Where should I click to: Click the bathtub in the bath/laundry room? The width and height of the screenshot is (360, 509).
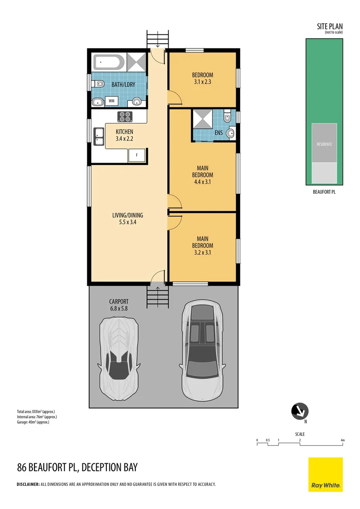[x=109, y=63]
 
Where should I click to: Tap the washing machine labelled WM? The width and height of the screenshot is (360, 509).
[x=112, y=101]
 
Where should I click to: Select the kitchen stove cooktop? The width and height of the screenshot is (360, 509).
[x=125, y=116]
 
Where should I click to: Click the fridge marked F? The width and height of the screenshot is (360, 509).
[x=137, y=155]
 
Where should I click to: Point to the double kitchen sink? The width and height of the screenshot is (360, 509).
[x=99, y=136]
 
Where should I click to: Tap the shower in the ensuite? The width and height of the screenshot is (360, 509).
[x=202, y=119]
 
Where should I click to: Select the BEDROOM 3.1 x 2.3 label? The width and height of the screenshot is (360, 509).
[x=202, y=78]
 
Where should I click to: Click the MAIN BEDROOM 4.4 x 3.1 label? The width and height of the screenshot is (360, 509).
[x=202, y=174]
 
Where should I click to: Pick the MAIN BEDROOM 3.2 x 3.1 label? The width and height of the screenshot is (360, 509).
[x=202, y=245]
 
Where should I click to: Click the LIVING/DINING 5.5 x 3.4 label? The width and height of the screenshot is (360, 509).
[x=127, y=219]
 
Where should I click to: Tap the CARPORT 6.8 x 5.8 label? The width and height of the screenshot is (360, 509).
[x=118, y=305]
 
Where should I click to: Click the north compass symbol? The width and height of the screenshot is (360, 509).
[x=299, y=411]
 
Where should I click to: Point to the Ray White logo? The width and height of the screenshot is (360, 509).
[x=326, y=475]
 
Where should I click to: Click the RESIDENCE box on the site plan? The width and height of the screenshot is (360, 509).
[x=324, y=144]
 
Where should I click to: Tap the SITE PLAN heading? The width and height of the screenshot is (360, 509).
[x=330, y=26]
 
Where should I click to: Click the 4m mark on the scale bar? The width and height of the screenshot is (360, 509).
[x=343, y=440]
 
